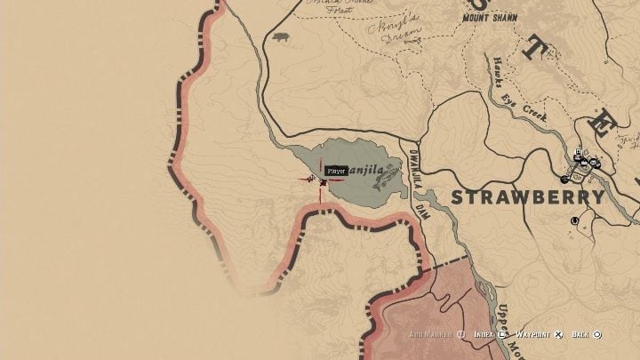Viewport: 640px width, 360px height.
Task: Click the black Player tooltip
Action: [x=336, y=171]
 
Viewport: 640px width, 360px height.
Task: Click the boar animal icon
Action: [x=282, y=38]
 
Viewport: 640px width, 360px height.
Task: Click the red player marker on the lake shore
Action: [x=322, y=181]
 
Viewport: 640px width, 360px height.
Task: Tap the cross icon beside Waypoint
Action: [x=557, y=334]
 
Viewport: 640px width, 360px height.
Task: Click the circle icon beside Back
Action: [x=597, y=334]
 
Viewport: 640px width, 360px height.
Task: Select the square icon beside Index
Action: [x=502, y=334]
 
